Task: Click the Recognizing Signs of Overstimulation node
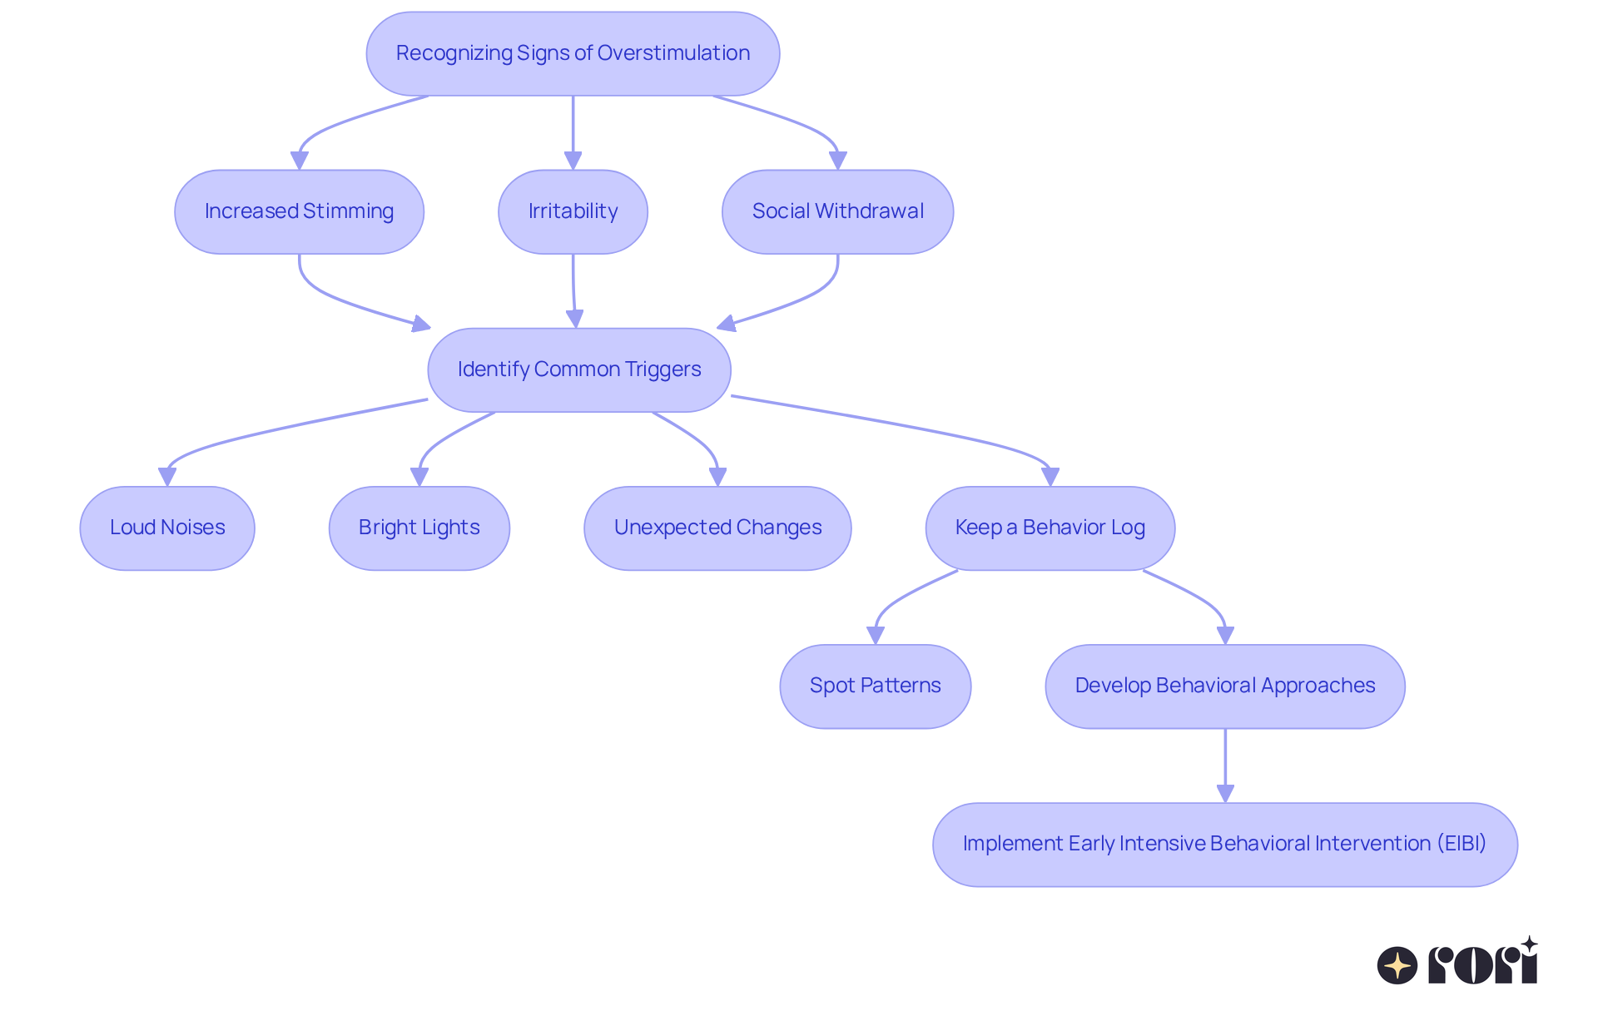573,53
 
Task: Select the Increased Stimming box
299,211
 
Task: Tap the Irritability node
573,211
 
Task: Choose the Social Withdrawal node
837,211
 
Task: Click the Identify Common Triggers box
578,369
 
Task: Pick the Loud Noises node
167,528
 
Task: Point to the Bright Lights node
419,528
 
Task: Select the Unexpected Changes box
717,528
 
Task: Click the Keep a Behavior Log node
1050,528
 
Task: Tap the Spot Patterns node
875,686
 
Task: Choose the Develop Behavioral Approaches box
1224,686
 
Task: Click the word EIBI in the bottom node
1462,844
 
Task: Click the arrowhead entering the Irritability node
573,161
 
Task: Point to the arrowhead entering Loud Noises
167,477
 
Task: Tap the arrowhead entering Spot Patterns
876,635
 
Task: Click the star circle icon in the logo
1397,965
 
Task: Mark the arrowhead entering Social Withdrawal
838,161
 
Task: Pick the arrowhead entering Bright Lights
419,477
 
